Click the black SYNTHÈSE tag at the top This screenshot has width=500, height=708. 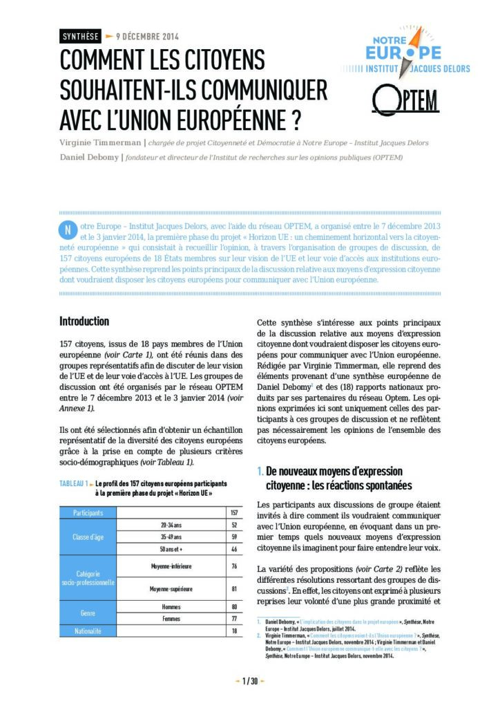pos(80,36)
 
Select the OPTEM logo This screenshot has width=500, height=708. pos(405,100)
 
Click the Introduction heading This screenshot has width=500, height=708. pos(84,322)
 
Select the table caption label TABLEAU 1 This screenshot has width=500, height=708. pos(77,483)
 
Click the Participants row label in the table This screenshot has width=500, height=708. pos(88,513)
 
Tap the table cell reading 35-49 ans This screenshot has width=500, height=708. pos(171,536)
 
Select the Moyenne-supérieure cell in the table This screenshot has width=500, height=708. pos(171,589)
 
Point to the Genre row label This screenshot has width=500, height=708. pos(88,613)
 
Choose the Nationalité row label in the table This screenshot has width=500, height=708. pos(88,631)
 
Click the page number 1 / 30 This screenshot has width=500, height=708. pos(249,682)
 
